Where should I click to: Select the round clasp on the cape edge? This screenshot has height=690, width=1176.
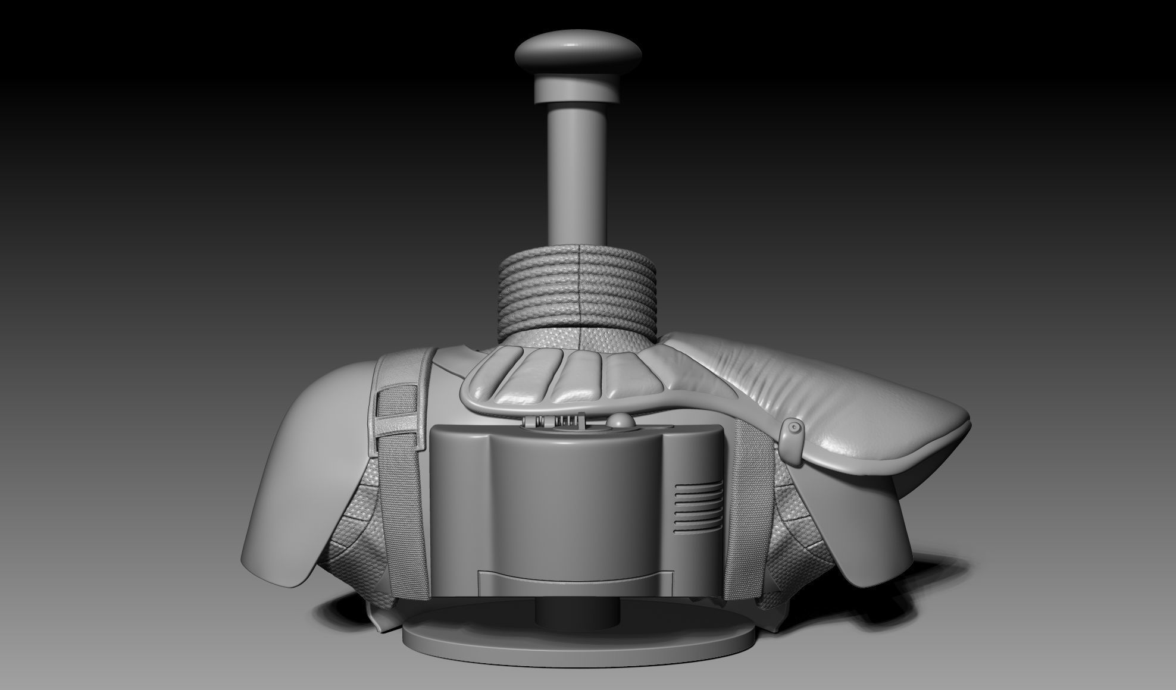click(x=793, y=427)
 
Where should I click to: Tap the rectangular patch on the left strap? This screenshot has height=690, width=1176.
click(x=396, y=410)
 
